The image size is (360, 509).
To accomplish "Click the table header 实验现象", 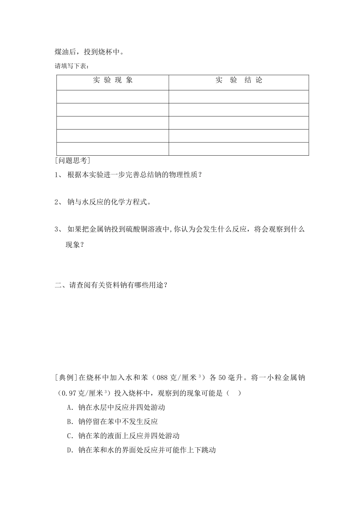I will (x=113, y=80).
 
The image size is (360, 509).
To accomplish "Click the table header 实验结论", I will (x=239, y=80).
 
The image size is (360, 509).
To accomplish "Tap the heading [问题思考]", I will (x=72, y=161).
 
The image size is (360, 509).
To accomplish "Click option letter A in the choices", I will (x=69, y=408).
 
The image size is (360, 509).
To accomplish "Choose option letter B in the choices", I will (x=69, y=422).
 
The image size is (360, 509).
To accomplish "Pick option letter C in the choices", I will (x=69, y=436).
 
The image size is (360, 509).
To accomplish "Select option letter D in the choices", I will (x=69, y=451).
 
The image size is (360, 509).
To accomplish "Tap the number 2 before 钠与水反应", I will (x=57, y=202).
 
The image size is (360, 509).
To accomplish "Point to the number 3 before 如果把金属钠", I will (x=57, y=229).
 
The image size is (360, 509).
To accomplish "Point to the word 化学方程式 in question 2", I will (x=129, y=202).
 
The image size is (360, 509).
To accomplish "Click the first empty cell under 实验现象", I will (x=113, y=97).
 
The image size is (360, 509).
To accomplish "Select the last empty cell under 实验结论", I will (x=239, y=149).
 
